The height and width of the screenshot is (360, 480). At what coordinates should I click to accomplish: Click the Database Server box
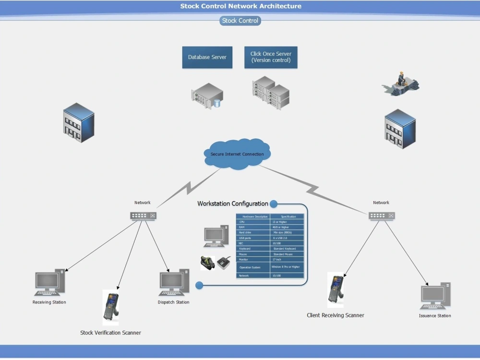207,57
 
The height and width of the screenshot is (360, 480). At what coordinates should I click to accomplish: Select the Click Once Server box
271,57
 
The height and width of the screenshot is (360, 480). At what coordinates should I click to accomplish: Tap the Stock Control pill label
240,21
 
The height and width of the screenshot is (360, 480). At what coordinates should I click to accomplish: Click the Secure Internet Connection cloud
237,154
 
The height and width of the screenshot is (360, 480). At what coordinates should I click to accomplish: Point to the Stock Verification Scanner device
110,307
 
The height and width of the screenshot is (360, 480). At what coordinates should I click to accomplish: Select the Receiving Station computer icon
49,283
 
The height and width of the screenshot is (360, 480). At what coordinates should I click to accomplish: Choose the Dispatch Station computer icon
173,284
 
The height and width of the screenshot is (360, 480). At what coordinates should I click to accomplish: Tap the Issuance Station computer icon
435,296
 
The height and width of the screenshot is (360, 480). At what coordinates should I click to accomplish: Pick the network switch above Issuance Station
382,216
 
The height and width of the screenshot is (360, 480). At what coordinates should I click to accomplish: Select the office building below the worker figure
400,129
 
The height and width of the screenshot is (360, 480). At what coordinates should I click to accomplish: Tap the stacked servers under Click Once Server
271,93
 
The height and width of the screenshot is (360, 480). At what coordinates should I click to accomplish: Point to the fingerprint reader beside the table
224,263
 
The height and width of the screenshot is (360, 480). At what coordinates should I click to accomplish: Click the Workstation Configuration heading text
233,204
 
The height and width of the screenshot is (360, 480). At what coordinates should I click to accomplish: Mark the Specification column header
287,216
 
